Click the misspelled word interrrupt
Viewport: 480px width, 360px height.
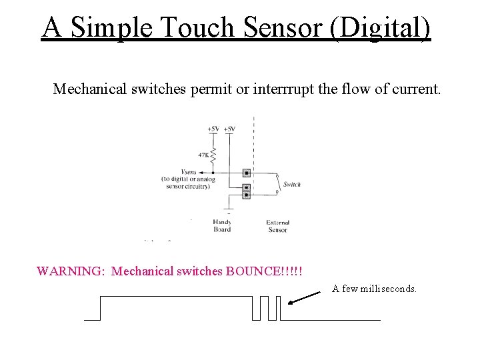point(284,89)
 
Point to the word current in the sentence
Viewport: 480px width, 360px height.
point(413,89)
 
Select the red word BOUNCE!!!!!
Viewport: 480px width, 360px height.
point(265,271)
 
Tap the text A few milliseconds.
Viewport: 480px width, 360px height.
point(375,289)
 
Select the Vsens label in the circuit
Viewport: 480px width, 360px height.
point(188,171)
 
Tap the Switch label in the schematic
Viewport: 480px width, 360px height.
point(292,184)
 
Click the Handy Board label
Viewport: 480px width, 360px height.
point(222,225)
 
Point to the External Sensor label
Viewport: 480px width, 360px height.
point(277,225)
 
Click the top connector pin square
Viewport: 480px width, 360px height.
point(247,173)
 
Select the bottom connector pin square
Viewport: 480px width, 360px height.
point(247,195)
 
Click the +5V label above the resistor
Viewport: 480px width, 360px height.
point(213,128)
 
